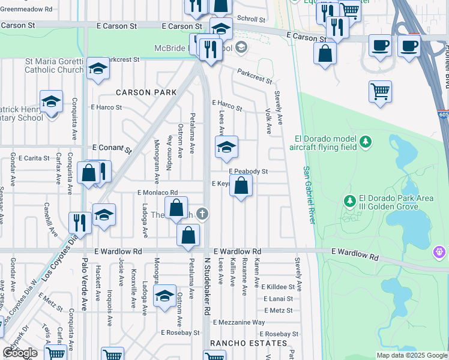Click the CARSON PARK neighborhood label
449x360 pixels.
click(x=146, y=92)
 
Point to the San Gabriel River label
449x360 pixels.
click(x=308, y=196)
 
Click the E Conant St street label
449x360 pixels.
click(x=111, y=148)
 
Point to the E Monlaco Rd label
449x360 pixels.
click(x=157, y=193)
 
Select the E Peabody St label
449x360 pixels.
click(x=247, y=172)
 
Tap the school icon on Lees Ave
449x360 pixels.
click(x=226, y=147)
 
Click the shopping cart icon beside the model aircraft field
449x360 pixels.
click(x=380, y=92)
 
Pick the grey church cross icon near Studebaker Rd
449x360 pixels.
click(x=203, y=213)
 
